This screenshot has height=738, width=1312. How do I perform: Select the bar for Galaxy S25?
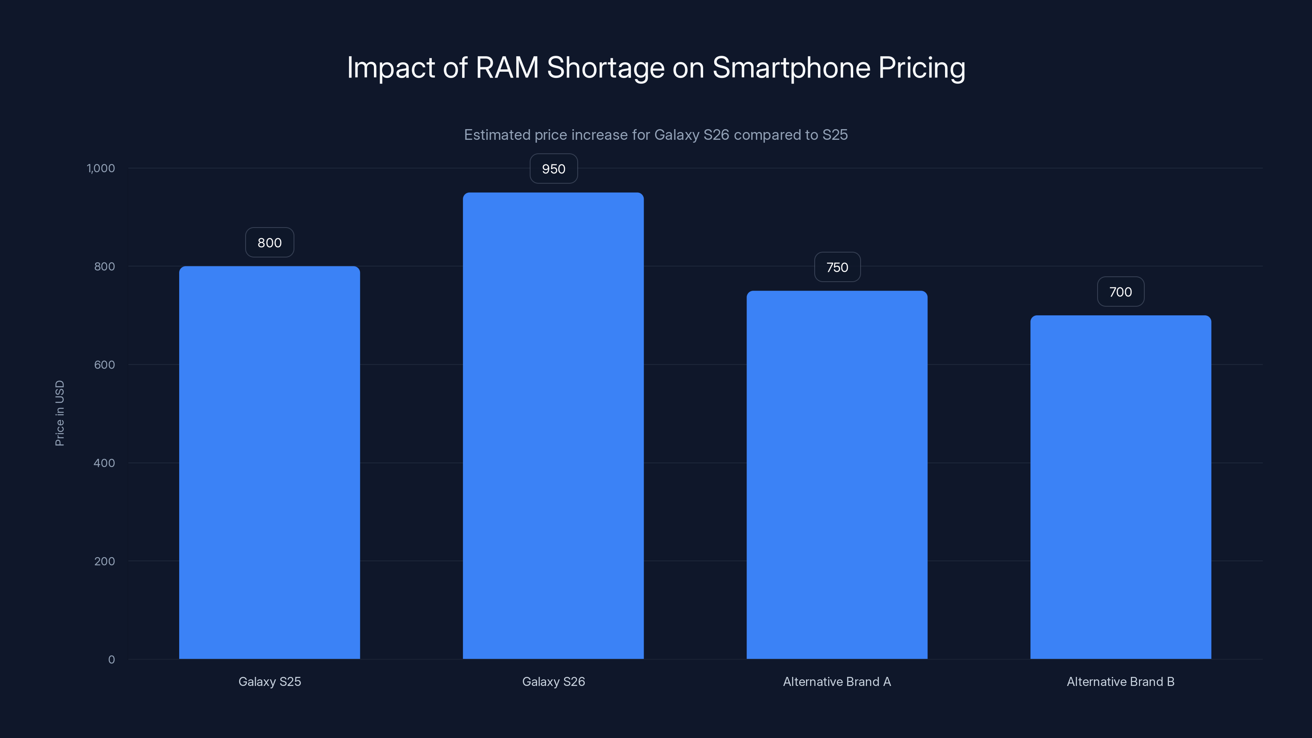coord(269,462)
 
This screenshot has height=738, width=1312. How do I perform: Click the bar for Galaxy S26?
coord(553,426)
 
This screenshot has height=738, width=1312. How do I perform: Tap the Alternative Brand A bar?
coord(837,475)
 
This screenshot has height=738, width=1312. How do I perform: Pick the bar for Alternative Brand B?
coord(1121,487)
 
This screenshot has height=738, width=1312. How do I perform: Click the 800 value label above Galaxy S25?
coord(269,242)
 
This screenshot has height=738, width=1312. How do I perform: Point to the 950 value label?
coord(553,169)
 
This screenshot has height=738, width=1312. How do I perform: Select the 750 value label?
coord(837,267)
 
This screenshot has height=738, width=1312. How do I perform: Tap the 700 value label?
coord(1121,292)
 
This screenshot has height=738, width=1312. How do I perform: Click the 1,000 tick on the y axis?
coord(101,168)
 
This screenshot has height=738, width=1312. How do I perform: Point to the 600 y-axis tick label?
coord(105,364)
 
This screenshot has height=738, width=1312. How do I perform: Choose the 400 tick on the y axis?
coord(105,463)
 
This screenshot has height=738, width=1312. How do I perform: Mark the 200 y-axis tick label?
coord(105,561)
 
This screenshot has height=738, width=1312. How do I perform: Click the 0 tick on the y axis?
coord(112,660)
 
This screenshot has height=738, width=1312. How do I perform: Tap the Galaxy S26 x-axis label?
coord(553,681)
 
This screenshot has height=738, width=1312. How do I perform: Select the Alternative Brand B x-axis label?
coord(1121,681)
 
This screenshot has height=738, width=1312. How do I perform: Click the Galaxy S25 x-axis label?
coord(269,681)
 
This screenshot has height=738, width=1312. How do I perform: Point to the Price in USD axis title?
coord(59,413)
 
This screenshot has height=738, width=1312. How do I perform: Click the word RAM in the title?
coord(507,67)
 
